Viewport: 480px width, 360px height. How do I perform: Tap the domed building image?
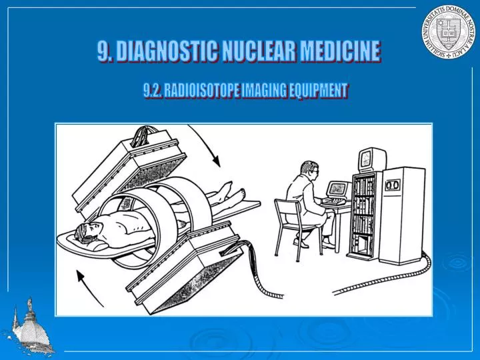28,327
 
